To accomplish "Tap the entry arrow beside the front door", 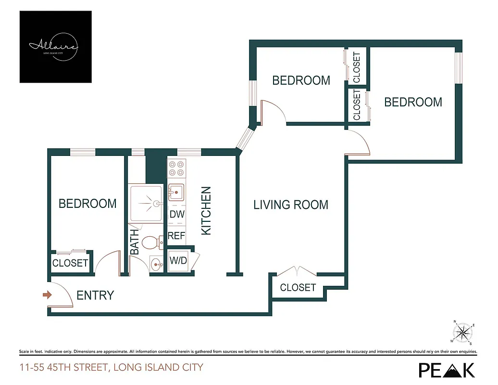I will click(47, 295).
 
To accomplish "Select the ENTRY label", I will click(95, 295).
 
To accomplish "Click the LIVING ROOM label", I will click(291, 205).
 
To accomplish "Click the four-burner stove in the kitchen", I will click(176, 168).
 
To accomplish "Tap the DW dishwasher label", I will click(177, 215).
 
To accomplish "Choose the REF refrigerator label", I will click(176, 236).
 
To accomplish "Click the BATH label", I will click(135, 242).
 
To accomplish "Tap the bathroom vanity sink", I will click(156, 264).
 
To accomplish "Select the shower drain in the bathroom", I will click(156, 204).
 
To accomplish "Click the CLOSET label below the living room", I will click(298, 288).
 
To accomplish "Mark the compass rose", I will click(463, 332).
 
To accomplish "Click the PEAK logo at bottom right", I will click(447, 370).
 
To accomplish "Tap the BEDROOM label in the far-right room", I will click(413, 102).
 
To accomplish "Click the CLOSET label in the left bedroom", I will click(70, 263).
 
